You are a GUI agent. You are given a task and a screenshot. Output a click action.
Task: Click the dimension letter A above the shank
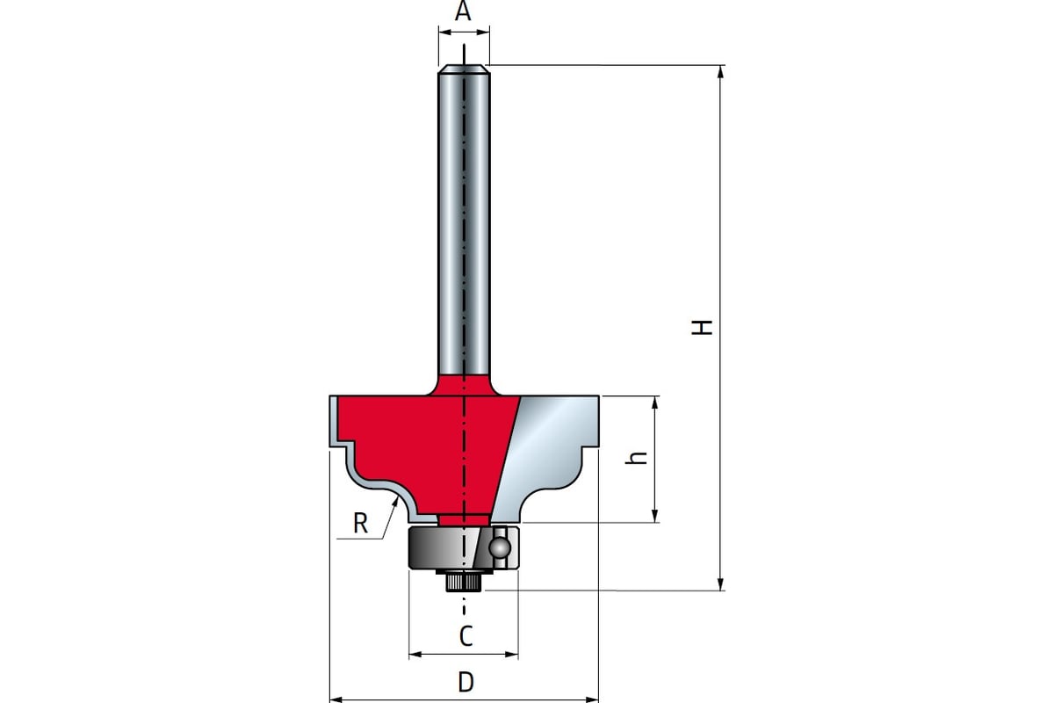[463, 11]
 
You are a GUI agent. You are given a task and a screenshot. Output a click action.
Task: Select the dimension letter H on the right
[702, 327]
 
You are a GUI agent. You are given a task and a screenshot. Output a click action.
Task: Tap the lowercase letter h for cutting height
[637, 458]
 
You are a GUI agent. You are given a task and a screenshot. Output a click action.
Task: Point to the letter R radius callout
[360, 523]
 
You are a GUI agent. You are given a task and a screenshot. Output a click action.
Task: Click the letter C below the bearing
[466, 636]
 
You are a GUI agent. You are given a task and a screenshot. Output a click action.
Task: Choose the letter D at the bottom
[466, 682]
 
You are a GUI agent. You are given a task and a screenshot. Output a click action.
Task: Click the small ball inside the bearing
[499, 547]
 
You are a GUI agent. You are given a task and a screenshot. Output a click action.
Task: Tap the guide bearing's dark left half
[437, 548]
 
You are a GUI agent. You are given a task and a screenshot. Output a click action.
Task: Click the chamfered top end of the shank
[464, 69]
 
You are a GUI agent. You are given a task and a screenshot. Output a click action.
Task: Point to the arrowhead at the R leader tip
[395, 502]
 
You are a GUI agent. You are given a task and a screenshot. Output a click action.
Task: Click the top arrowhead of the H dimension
[720, 72]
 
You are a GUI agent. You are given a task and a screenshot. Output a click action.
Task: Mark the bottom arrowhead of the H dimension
[720, 583]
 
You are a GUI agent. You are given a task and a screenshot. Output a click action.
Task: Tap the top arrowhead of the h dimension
[654, 402]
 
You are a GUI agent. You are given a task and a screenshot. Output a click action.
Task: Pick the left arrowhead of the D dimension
[336, 699]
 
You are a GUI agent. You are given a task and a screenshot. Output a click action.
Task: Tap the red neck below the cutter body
[463, 518]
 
